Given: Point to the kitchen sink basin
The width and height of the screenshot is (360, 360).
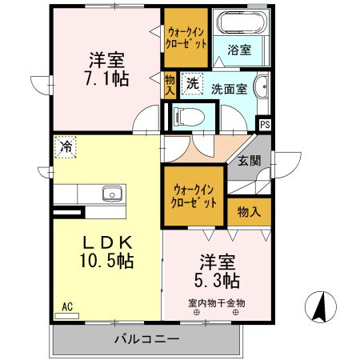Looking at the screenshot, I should [x=110, y=194].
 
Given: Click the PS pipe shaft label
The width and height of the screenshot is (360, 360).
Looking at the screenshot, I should [x=265, y=124].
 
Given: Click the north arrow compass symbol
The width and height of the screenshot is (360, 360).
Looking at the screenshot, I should [x=318, y=306].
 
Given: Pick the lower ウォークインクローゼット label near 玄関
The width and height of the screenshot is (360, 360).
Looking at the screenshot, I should [x=194, y=197].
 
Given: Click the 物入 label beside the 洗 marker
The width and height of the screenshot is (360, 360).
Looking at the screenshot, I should [x=169, y=85].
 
